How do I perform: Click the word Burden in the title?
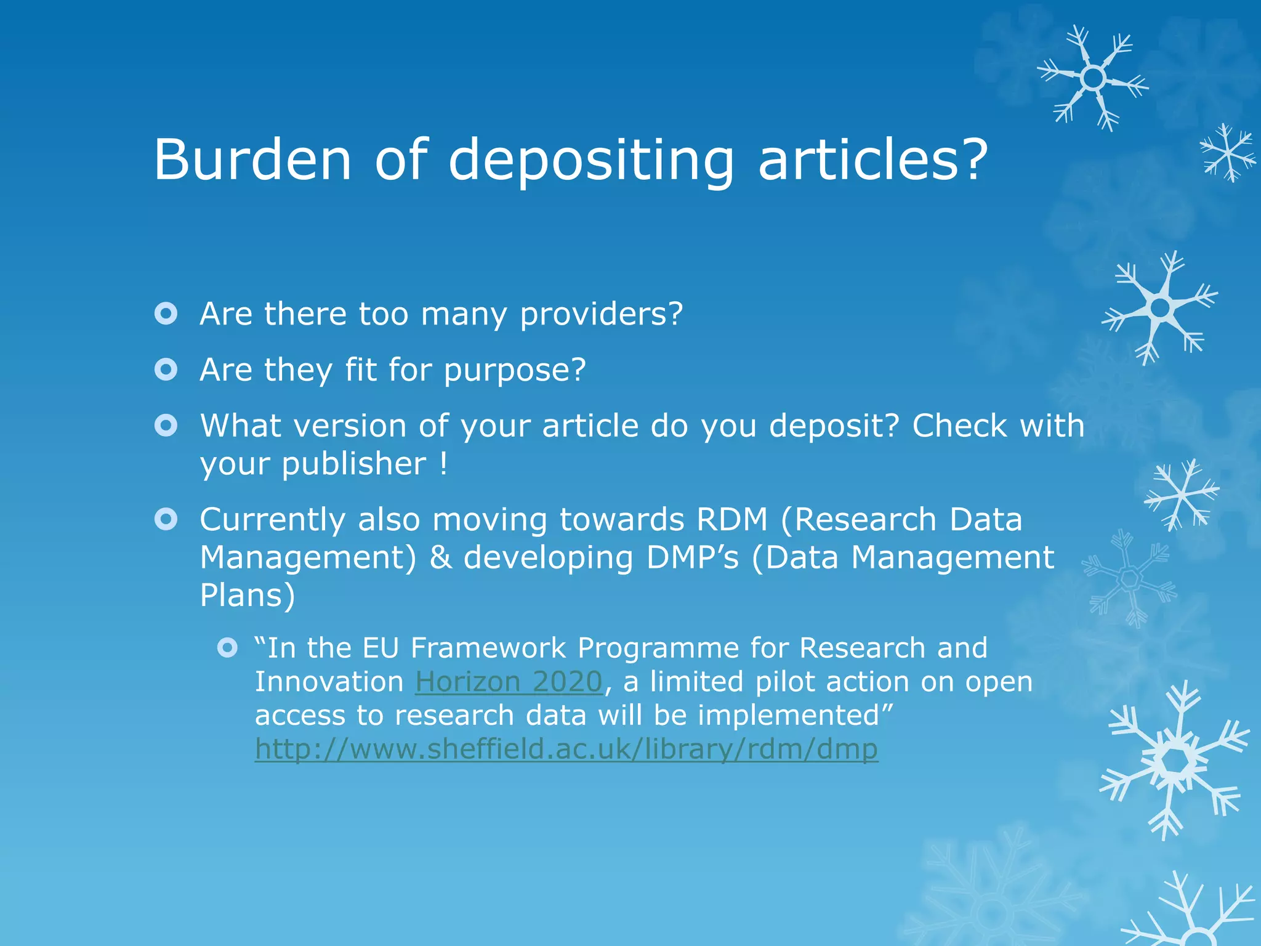tap(252, 160)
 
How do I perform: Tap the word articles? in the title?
tap(872, 160)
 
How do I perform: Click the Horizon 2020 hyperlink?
tap(509, 682)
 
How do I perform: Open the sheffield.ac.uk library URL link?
tap(566, 750)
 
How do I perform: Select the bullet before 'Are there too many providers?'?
tap(166, 313)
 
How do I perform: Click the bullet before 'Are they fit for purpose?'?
tap(166, 370)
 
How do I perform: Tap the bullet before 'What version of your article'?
tap(166, 426)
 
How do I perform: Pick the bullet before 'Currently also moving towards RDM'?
tap(166, 519)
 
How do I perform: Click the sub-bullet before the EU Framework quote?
tap(227, 648)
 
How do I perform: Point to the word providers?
tap(602, 315)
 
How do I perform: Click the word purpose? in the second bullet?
tap(515, 371)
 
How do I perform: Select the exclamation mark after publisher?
tap(443, 463)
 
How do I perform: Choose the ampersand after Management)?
tap(440, 557)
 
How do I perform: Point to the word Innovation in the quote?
tap(329, 682)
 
